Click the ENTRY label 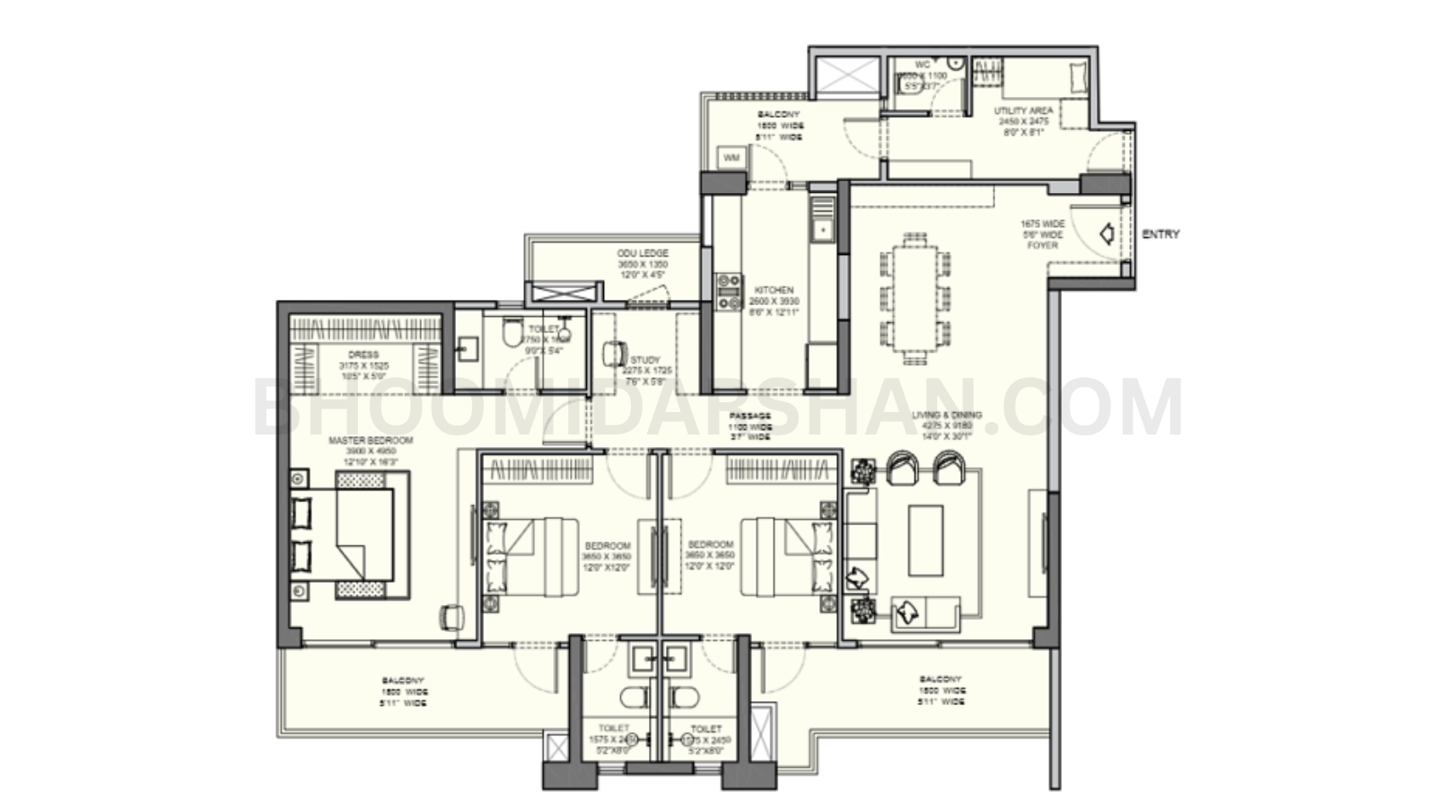[x=1160, y=234]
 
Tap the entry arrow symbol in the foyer [x=1108, y=234]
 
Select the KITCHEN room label [x=774, y=290]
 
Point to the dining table [x=915, y=296]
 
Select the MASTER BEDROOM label [x=371, y=441]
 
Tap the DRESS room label [x=363, y=356]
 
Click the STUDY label [x=644, y=360]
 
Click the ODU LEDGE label [x=643, y=254]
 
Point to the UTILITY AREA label [x=1023, y=110]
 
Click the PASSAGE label [x=749, y=417]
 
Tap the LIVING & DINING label [x=947, y=416]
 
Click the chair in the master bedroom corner [x=450, y=616]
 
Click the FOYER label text [x=1042, y=245]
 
